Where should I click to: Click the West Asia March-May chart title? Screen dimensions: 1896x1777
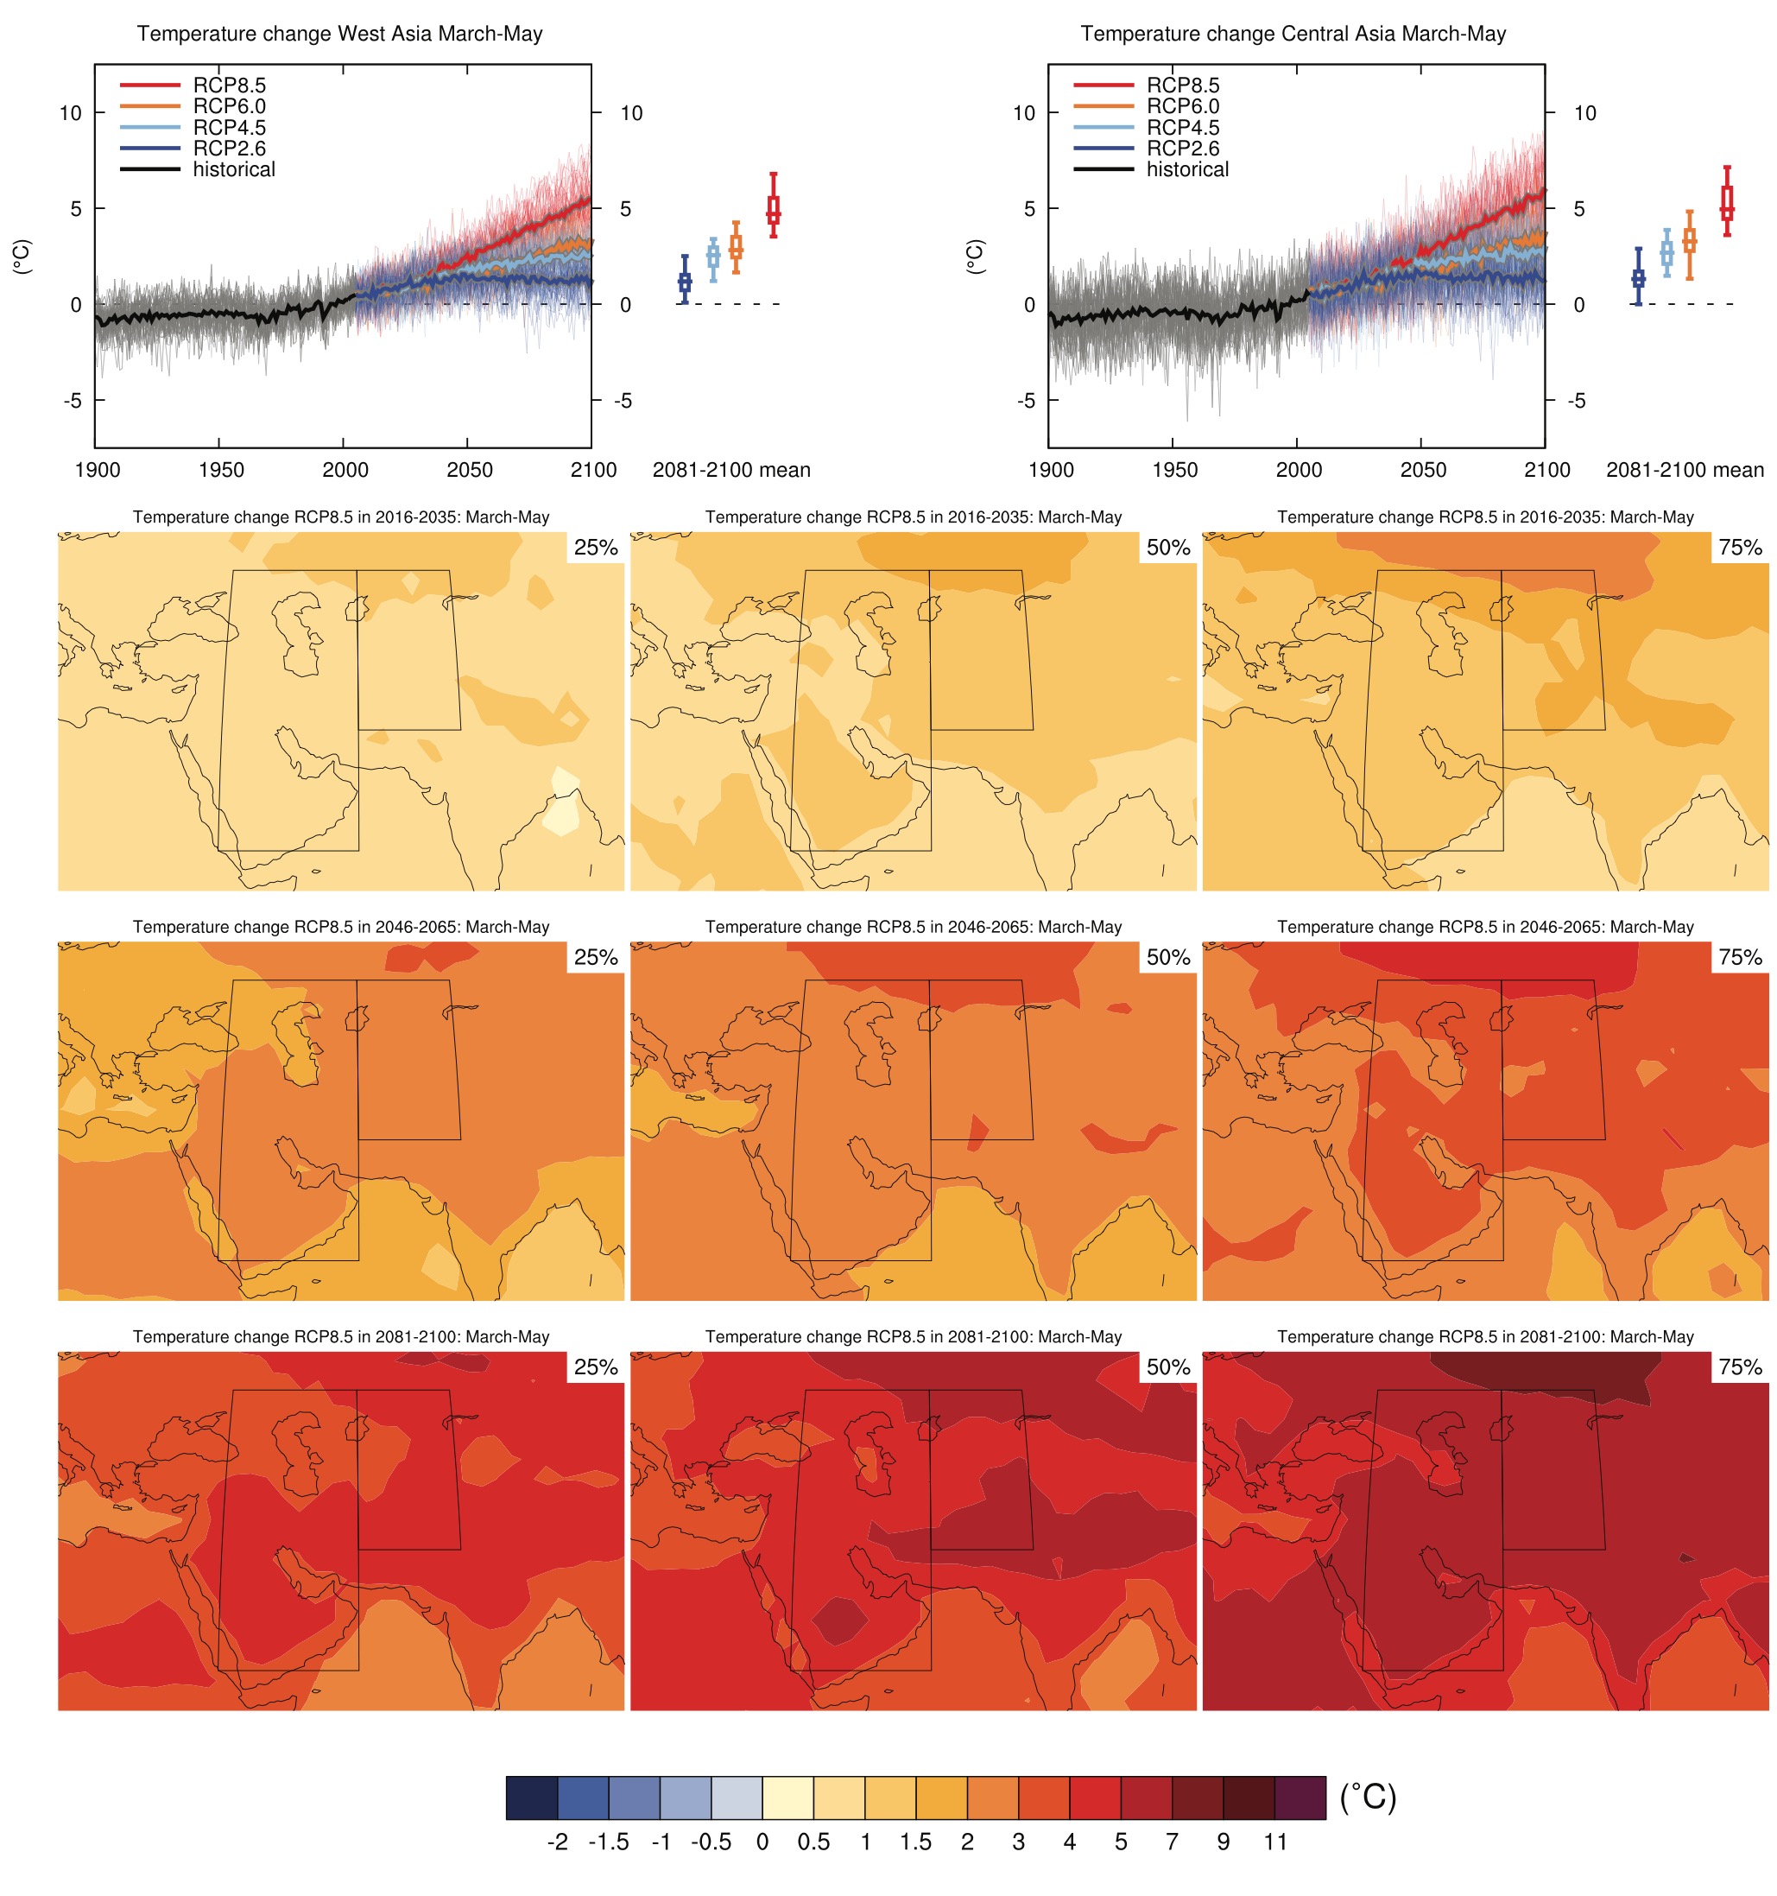coord(339,34)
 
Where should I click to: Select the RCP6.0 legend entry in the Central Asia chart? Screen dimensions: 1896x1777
coord(1182,106)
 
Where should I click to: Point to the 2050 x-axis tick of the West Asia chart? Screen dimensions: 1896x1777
coord(469,469)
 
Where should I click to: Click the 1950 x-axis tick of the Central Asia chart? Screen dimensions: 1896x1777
coord(1174,469)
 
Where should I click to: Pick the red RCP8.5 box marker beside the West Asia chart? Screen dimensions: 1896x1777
coord(773,210)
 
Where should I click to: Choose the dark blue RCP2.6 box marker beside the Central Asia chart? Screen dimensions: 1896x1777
coord(1638,278)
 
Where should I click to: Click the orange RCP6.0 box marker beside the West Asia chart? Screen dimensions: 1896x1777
coord(736,249)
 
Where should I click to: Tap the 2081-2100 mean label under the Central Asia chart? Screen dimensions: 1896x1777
coord(1685,469)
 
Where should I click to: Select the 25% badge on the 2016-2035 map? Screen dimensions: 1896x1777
coord(596,548)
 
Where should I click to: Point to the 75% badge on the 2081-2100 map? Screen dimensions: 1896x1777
coord(1740,1367)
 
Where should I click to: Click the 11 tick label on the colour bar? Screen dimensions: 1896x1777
coord(1275,1842)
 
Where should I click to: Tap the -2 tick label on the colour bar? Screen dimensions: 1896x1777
coord(558,1842)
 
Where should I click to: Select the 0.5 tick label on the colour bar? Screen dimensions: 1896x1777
coord(813,1842)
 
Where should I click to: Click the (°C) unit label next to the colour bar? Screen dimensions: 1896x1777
coord(1368,1797)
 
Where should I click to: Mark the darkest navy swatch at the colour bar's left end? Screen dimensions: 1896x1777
coord(532,1797)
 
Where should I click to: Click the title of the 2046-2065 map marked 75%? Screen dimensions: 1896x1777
coord(1485,926)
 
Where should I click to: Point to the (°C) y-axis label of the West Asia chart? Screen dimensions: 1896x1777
coord(22,256)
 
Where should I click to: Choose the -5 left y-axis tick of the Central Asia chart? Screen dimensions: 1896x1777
coord(1026,401)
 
